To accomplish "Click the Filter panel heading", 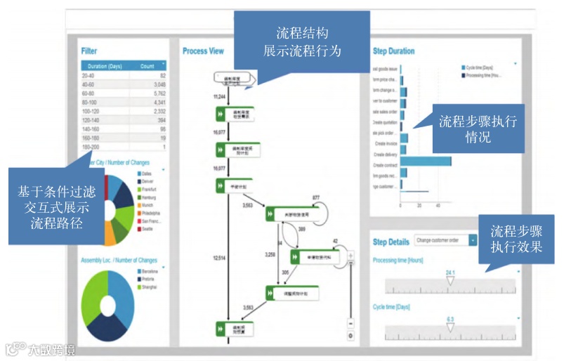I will [x=89, y=51].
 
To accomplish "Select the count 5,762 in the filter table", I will [x=158, y=93].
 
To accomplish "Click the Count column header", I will [x=147, y=66].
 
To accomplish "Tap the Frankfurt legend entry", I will [x=147, y=190].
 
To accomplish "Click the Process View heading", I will [x=203, y=51].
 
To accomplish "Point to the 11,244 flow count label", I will [x=219, y=95].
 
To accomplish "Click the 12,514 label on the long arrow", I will [x=219, y=258].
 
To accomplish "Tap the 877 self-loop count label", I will [x=316, y=197].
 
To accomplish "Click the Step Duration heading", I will [x=393, y=51].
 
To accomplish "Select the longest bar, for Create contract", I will [x=426, y=162].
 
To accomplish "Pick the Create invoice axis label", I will [x=386, y=143].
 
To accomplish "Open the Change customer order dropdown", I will [x=445, y=241].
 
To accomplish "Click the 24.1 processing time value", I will [x=450, y=273].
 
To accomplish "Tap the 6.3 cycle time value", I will [x=450, y=319].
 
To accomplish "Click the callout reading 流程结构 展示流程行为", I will [x=303, y=42].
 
